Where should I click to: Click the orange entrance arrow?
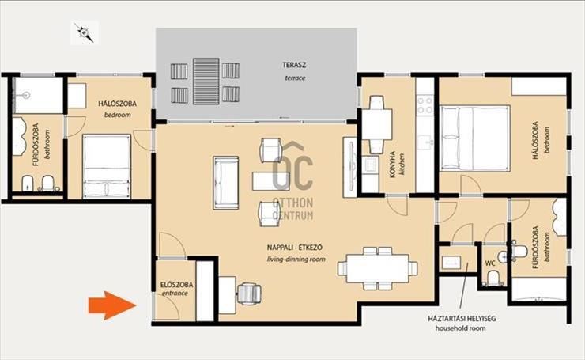[x=112, y=305]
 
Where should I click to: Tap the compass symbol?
[x=85, y=33]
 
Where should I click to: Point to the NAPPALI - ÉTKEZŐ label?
[x=295, y=247]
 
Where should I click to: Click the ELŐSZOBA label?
[x=177, y=285]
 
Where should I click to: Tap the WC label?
[x=490, y=263]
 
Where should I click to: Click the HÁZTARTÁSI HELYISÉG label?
[x=462, y=319]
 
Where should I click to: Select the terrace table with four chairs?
[x=206, y=81]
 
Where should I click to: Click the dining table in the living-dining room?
[x=378, y=268]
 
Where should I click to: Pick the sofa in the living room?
[x=226, y=183]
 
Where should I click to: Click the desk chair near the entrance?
[x=249, y=294]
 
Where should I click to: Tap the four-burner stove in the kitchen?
[x=425, y=105]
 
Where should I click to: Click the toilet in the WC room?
[x=493, y=279]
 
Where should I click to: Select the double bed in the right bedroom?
[x=474, y=138]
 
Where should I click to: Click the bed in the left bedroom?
[x=107, y=166]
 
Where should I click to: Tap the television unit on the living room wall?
[x=350, y=166]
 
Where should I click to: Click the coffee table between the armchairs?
[x=271, y=181]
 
